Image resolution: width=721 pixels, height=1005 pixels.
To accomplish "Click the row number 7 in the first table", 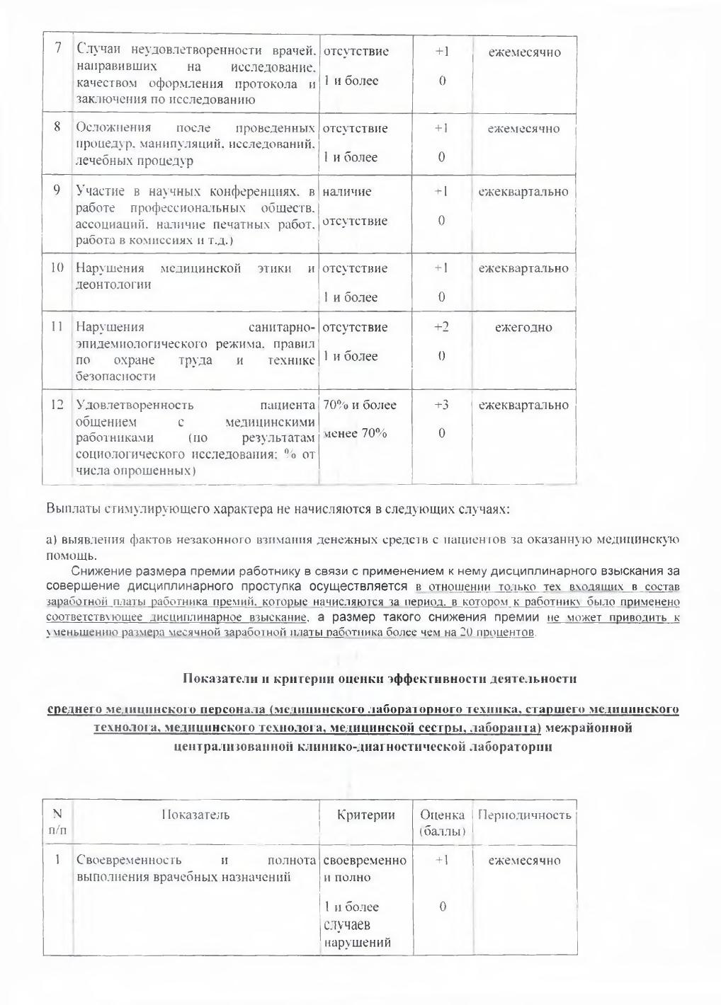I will (x=57, y=48).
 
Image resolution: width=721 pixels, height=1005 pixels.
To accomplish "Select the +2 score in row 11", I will (x=441, y=327).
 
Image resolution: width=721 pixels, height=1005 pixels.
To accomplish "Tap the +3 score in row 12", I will (x=441, y=405).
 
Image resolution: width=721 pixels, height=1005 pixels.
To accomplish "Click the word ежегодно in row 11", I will (x=523, y=327).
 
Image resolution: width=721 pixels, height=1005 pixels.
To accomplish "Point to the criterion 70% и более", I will (x=360, y=405).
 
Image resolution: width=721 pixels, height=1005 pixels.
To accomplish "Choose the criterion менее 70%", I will (x=356, y=433).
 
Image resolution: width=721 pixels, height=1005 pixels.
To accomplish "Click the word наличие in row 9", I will (x=347, y=191).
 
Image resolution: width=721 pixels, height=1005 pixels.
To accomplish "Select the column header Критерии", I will (x=366, y=815).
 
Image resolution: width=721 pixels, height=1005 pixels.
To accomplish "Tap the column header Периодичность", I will (x=524, y=815).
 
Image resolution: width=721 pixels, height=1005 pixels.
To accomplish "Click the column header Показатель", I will (x=195, y=815).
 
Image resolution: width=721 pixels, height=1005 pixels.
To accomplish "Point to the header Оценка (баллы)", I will (x=442, y=822).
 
